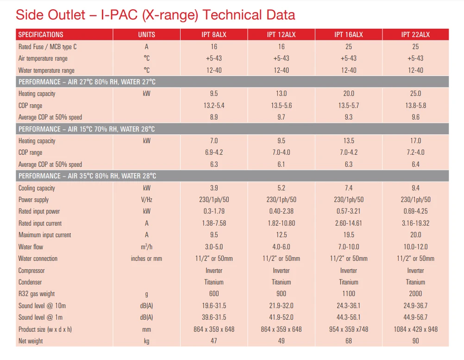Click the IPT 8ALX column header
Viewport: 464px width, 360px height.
click(x=213, y=35)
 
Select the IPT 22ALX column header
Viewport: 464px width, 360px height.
click(x=415, y=35)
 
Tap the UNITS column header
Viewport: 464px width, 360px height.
click(x=146, y=35)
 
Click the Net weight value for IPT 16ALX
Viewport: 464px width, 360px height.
click(x=348, y=341)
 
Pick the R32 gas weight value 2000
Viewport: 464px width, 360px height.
click(x=415, y=294)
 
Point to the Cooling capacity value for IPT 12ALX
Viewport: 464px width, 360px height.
click(x=281, y=188)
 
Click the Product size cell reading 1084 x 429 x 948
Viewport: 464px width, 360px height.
click(x=415, y=329)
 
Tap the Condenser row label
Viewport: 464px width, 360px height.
click(x=30, y=282)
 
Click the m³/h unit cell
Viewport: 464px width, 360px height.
click(x=146, y=246)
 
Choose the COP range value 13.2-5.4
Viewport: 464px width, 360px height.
click(x=213, y=106)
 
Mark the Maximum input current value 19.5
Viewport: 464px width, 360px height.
click(x=348, y=235)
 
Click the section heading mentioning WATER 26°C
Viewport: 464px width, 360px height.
click(x=87, y=129)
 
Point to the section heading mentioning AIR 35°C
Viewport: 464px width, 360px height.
click(x=87, y=176)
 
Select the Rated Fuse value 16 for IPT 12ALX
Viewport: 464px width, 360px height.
click(x=281, y=47)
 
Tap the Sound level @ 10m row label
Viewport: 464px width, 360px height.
click(x=42, y=306)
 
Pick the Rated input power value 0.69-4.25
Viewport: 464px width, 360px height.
click(x=415, y=211)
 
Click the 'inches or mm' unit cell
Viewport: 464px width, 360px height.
click(x=146, y=259)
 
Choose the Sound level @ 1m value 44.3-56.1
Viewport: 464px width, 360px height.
click(x=348, y=317)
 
